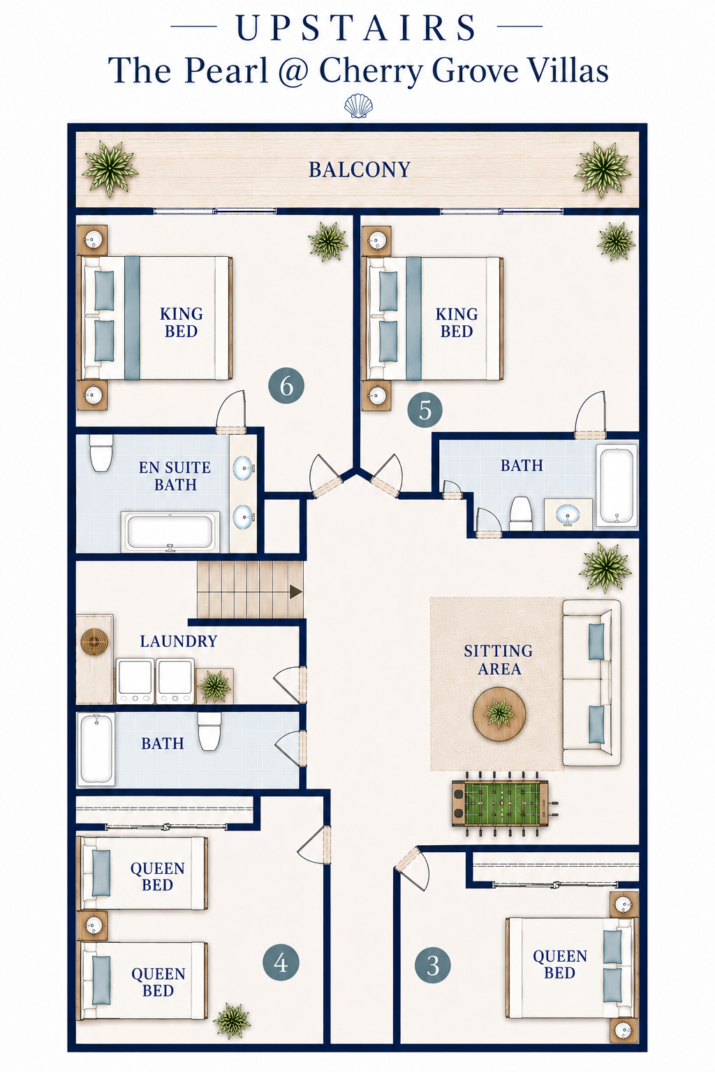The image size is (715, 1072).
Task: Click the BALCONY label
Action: click(359, 170)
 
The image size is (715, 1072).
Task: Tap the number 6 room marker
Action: click(286, 386)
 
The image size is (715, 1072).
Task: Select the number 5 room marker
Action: click(425, 410)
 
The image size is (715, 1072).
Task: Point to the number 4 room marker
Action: click(281, 962)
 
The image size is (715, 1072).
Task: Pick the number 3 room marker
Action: click(432, 965)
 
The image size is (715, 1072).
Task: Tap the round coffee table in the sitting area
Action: click(499, 714)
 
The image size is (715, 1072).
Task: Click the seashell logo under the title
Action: click(358, 106)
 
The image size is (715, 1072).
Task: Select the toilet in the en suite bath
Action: click(101, 452)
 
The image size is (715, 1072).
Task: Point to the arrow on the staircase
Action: click(295, 592)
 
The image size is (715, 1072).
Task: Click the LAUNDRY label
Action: click(179, 641)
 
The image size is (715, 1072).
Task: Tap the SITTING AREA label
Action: click(499, 660)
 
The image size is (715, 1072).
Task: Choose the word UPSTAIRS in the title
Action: click(357, 28)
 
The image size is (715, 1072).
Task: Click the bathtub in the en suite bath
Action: click(170, 532)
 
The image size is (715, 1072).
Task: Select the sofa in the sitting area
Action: click(591, 683)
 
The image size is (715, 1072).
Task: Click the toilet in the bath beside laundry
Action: click(209, 731)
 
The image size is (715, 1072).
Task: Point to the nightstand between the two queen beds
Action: click(92, 926)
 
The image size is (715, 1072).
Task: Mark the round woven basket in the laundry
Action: click(94, 640)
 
